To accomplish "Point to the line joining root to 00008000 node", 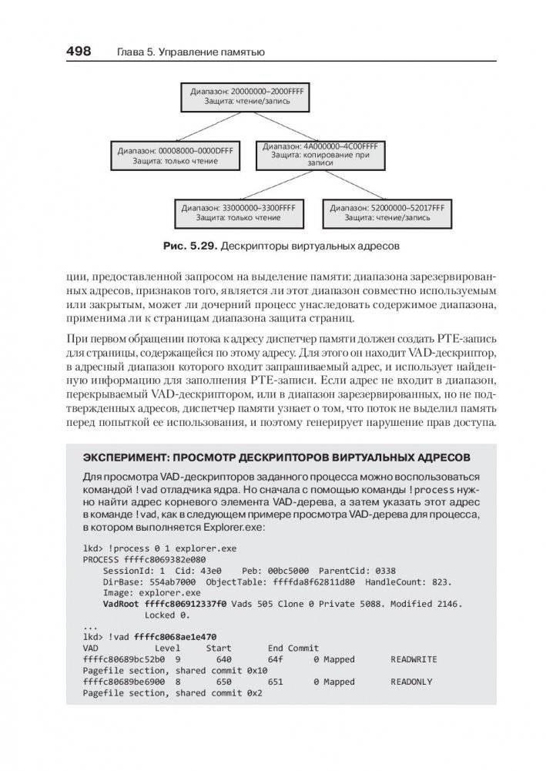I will (x=208, y=126).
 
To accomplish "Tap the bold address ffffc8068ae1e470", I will (x=175, y=637).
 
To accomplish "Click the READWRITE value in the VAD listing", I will (x=414, y=659).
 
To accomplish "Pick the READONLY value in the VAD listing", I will (x=411, y=682).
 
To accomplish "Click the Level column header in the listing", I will (x=167, y=649).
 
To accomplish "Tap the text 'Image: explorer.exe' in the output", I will (x=151, y=593).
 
